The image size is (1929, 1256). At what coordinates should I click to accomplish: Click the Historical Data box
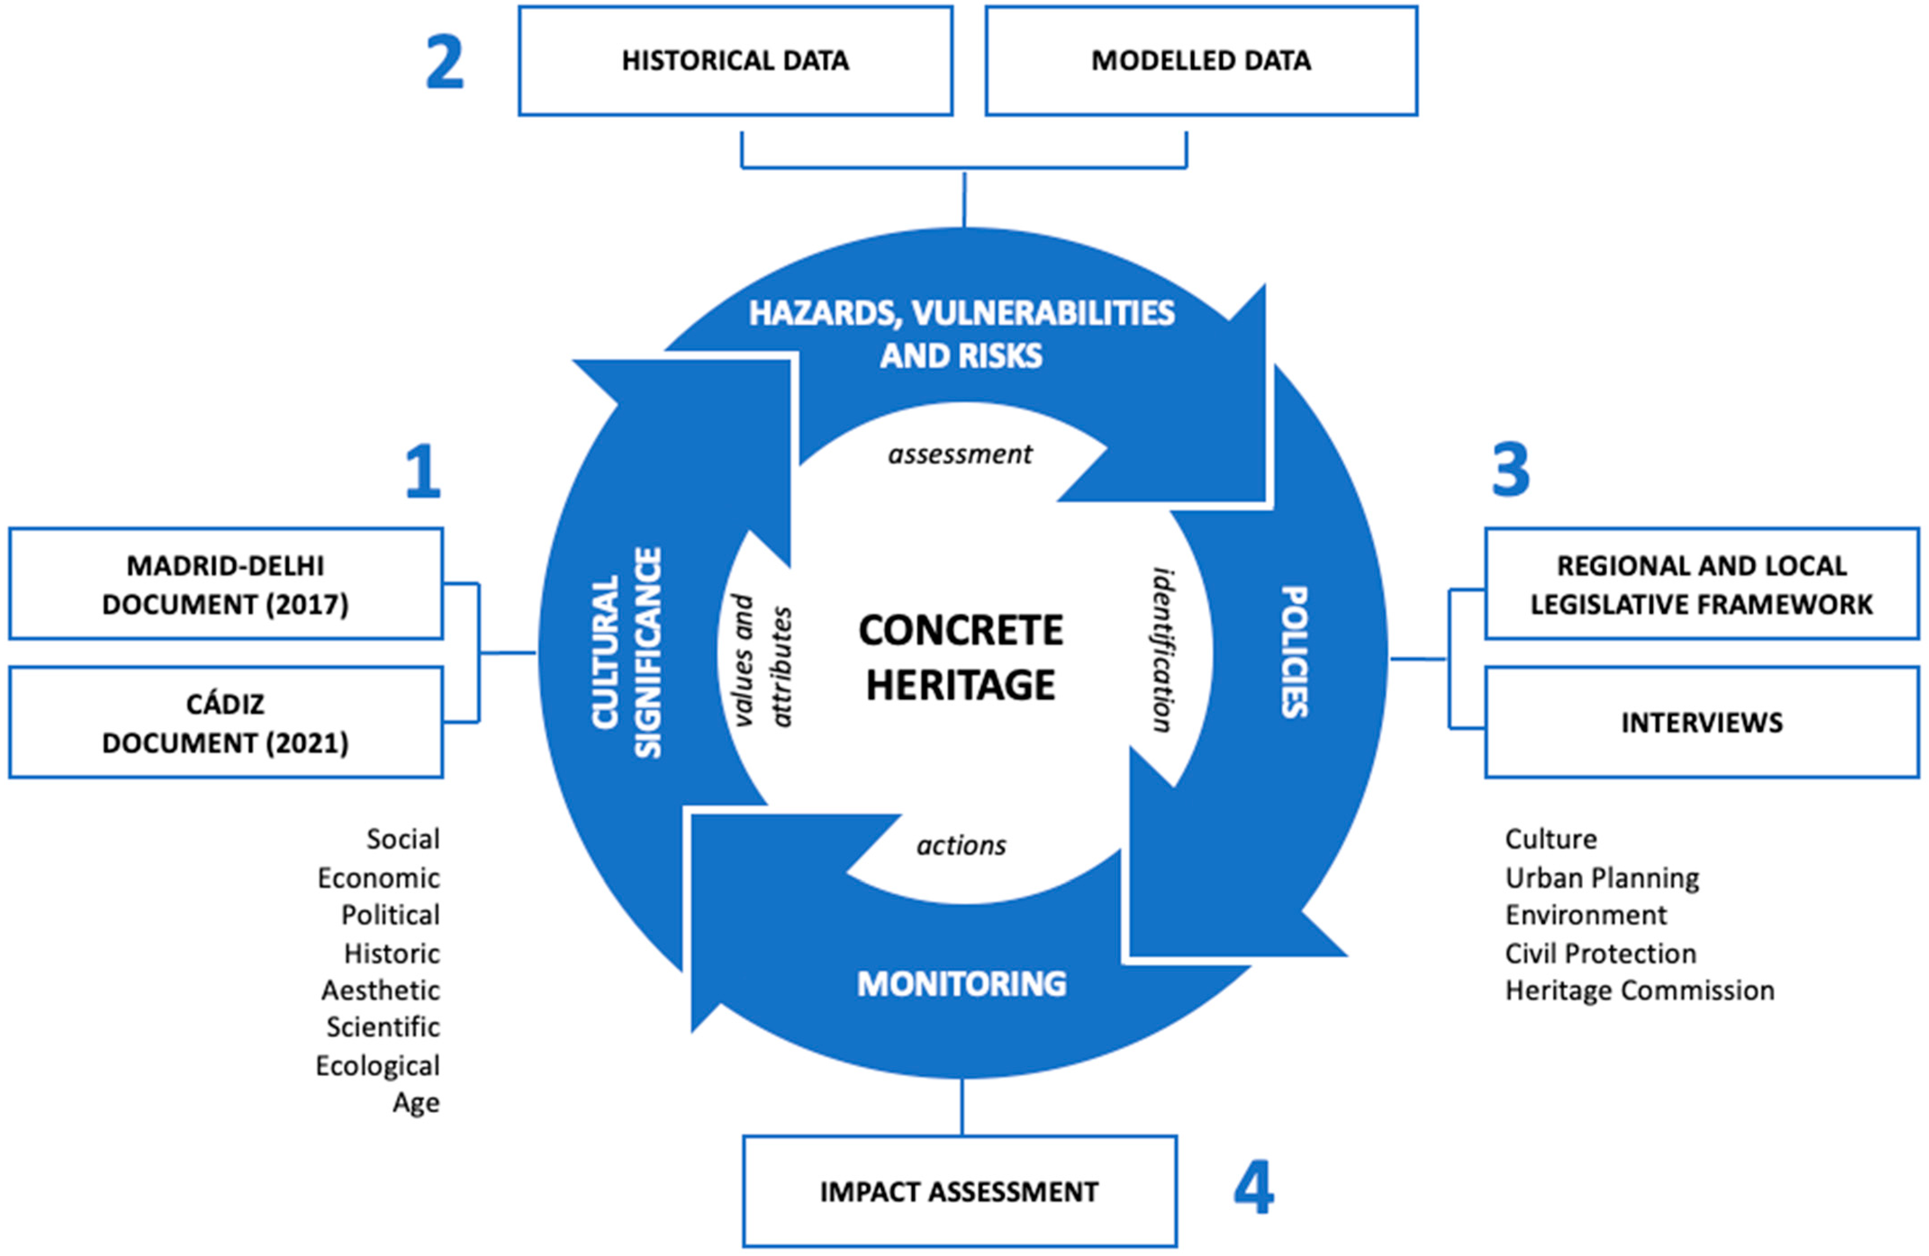(735, 61)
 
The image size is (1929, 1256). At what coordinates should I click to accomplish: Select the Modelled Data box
(1201, 61)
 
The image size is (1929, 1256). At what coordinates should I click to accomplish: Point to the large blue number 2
(445, 63)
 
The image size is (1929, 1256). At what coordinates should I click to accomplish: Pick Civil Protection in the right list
(1601, 954)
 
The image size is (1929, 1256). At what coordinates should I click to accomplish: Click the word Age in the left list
(416, 1103)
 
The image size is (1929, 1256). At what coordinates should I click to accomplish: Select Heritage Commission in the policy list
(1640, 990)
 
